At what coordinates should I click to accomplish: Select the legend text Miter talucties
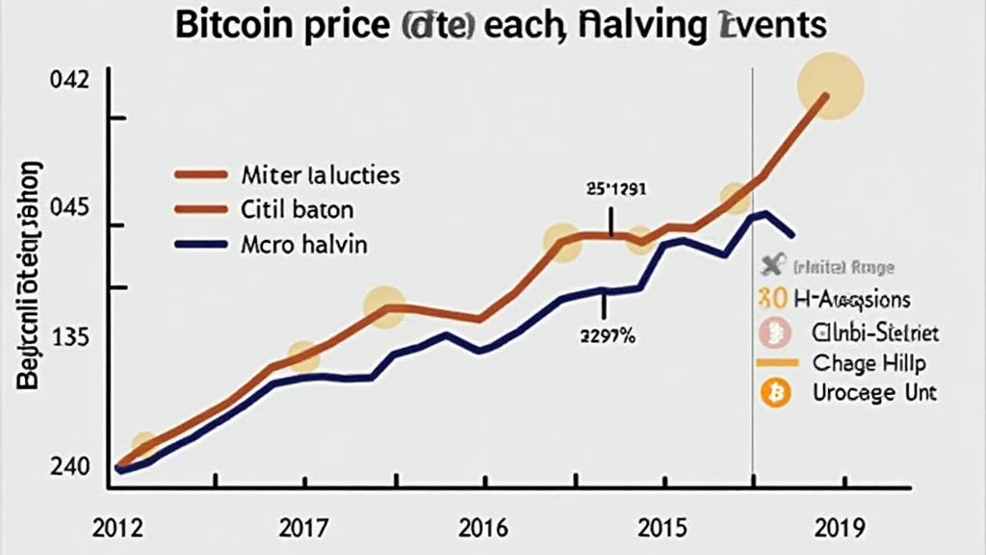320,175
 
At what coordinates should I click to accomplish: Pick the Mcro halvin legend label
303,245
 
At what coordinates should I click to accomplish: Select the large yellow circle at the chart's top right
831,87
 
